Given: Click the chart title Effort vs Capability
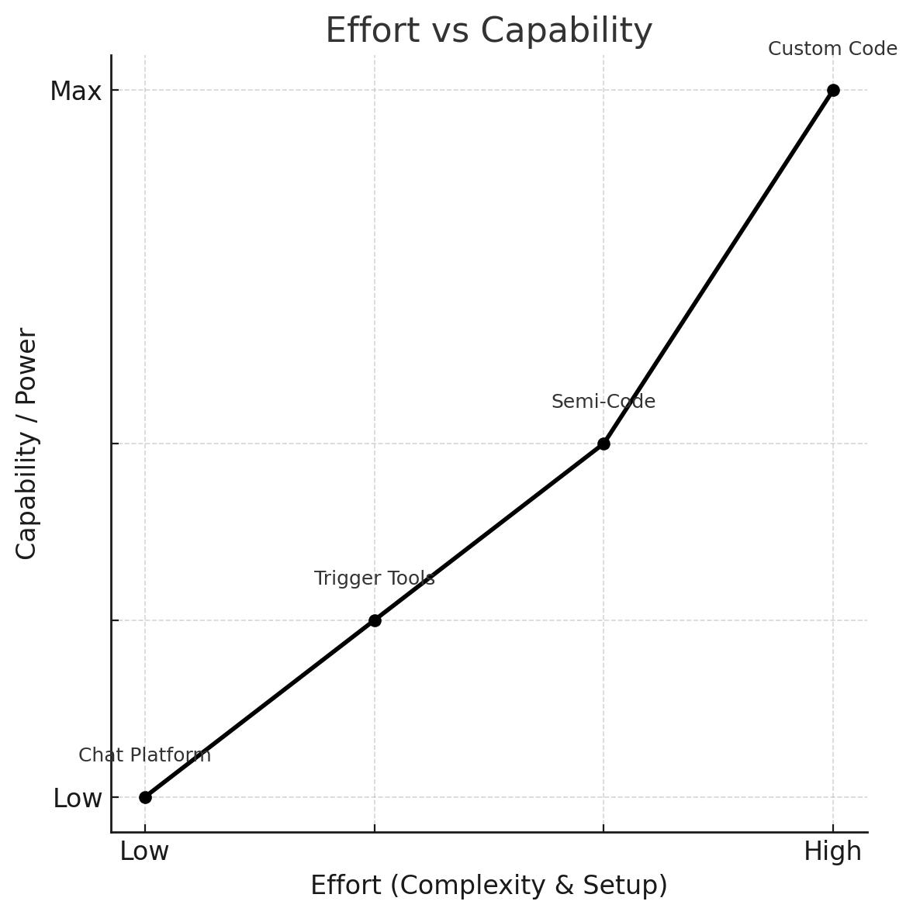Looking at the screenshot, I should (x=489, y=31).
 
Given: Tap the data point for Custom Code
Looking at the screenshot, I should (x=833, y=90).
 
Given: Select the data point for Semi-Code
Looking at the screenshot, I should (x=603, y=444).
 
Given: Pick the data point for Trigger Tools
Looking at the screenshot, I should (x=375, y=620).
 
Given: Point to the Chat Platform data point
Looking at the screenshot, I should (x=145, y=797).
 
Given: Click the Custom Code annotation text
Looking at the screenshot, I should (x=832, y=49).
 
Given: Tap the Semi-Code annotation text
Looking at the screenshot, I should (x=603, y=402).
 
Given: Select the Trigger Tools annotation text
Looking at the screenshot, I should (x=374, y=578).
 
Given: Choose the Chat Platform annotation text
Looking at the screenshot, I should (x=145, y=755).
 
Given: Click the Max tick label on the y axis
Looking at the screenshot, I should (x=76, y=91).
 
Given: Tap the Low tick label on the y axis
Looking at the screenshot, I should (x=78, y=799).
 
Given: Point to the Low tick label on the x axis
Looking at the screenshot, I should (x=144, y=851).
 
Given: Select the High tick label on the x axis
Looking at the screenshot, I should (x=832, y=851).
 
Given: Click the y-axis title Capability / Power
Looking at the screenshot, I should (x=26, y=444).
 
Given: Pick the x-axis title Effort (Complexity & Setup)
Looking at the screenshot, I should (x=489, y=886).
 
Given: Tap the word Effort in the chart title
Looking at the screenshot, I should (x=361, y=31).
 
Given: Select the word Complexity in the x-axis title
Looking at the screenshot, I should (x=465, y=886).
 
